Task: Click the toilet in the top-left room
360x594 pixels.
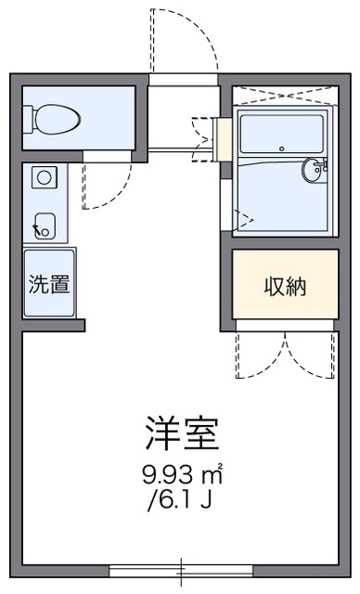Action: [58, 118]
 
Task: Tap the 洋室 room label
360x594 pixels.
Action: [181, 433]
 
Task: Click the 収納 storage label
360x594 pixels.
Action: [285, 287]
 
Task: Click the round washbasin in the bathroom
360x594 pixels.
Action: [313, 170]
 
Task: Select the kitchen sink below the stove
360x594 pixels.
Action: [43, 225]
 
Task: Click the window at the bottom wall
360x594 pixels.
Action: [181, 571]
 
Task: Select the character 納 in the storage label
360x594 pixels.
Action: [297, 287]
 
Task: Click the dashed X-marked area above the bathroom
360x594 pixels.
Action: [284, 97]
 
